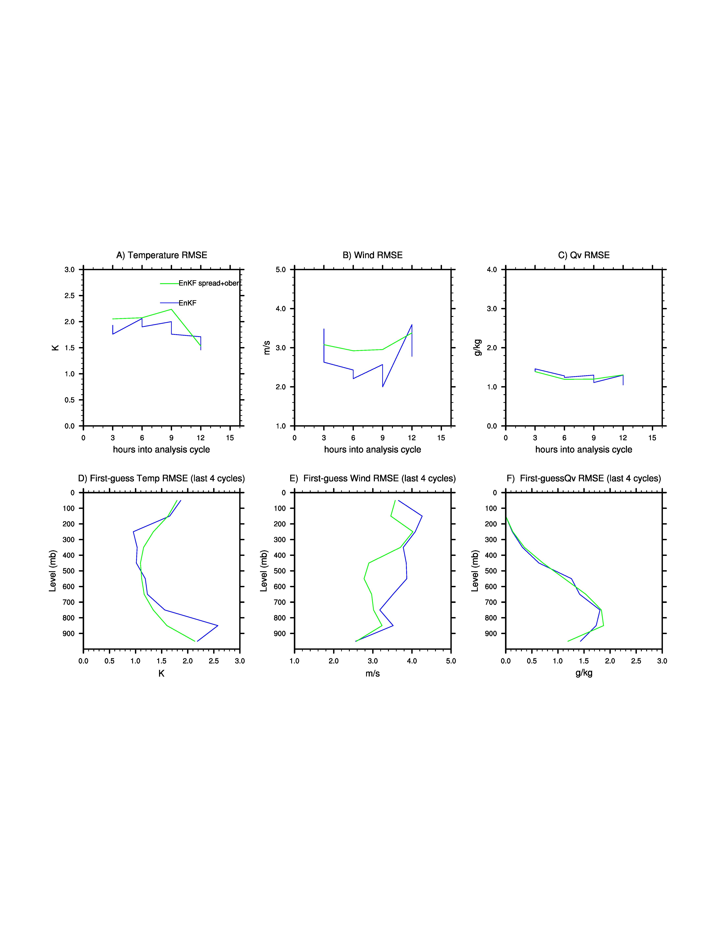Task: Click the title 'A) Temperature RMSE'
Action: [x=162, y=255]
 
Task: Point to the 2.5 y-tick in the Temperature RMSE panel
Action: [x=69, y=296]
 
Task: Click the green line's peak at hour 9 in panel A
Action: [x=171, y=309]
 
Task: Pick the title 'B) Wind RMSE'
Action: [x=373, y=255]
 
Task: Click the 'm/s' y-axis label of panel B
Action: [x=267, y=348]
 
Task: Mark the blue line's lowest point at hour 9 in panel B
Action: [x=382, y=387]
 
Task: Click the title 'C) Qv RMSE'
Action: [x=584, y=255]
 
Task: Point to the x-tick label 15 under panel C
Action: [x=652, y=438]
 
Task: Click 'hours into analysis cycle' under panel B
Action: [x=373, y=450]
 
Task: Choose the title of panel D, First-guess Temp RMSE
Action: [x=162, y=479]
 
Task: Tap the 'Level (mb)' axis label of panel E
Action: [x=264, y=571]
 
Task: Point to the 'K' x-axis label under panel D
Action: [x=161, y=673]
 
